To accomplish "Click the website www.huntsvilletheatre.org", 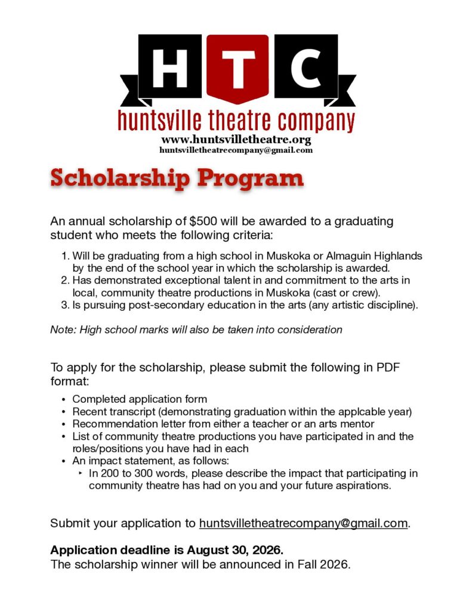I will (236, 140).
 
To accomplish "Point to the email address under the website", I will (236, 150).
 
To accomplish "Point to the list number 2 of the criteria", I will (65, 280).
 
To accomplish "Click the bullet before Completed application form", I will (64, 399).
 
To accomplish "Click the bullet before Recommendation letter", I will (64, 424).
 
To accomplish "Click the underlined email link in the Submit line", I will (303, 523).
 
